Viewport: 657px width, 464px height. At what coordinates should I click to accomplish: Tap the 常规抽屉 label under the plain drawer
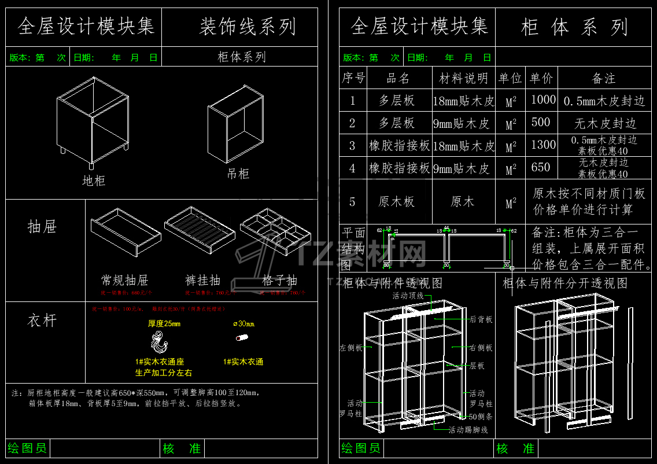[124, 280]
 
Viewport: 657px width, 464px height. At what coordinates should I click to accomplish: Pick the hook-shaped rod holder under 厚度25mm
[158, 343]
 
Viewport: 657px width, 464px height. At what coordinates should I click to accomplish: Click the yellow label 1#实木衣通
[243, 362]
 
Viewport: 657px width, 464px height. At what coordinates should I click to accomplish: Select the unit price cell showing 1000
[543, 100]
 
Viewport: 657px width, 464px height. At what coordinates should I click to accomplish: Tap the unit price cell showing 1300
[543, 145]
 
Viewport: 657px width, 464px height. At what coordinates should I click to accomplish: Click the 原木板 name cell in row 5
[397, 201]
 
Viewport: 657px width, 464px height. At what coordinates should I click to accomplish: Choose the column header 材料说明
[464, 78]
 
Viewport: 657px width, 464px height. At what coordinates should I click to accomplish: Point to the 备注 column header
[604, 78]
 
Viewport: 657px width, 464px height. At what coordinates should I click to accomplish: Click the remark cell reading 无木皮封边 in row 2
[605, 123]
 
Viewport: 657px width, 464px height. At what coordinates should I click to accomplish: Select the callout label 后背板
[481, 319]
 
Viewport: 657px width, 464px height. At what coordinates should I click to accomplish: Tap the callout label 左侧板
[351, 348]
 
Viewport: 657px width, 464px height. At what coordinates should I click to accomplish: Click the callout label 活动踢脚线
[468, 430]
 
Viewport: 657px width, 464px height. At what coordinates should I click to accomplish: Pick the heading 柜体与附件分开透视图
[565, 283]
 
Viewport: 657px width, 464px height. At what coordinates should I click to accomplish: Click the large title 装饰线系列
[248, 27]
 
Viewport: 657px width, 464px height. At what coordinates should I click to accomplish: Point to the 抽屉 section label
[42, 226]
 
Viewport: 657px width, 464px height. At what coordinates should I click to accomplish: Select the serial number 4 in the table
[353, 168]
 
